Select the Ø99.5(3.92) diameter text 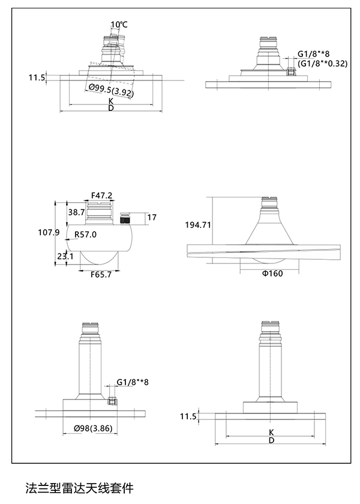coord(111,92)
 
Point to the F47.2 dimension coord(102,195)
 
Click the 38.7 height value coord(76,212)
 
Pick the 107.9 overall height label coord(48,233)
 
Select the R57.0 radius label coord(85,234)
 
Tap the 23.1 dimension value coord(65,257)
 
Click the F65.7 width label coord(101,274)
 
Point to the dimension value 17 coord(152,217)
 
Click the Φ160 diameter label coord(271,274)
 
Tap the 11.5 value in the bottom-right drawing coord(188,416)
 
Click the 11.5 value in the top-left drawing coord(37,77)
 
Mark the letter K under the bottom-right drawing coord(271,432)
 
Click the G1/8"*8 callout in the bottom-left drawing coord(133,382)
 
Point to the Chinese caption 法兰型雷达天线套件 coord(78,487)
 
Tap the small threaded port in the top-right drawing coord(292,71)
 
